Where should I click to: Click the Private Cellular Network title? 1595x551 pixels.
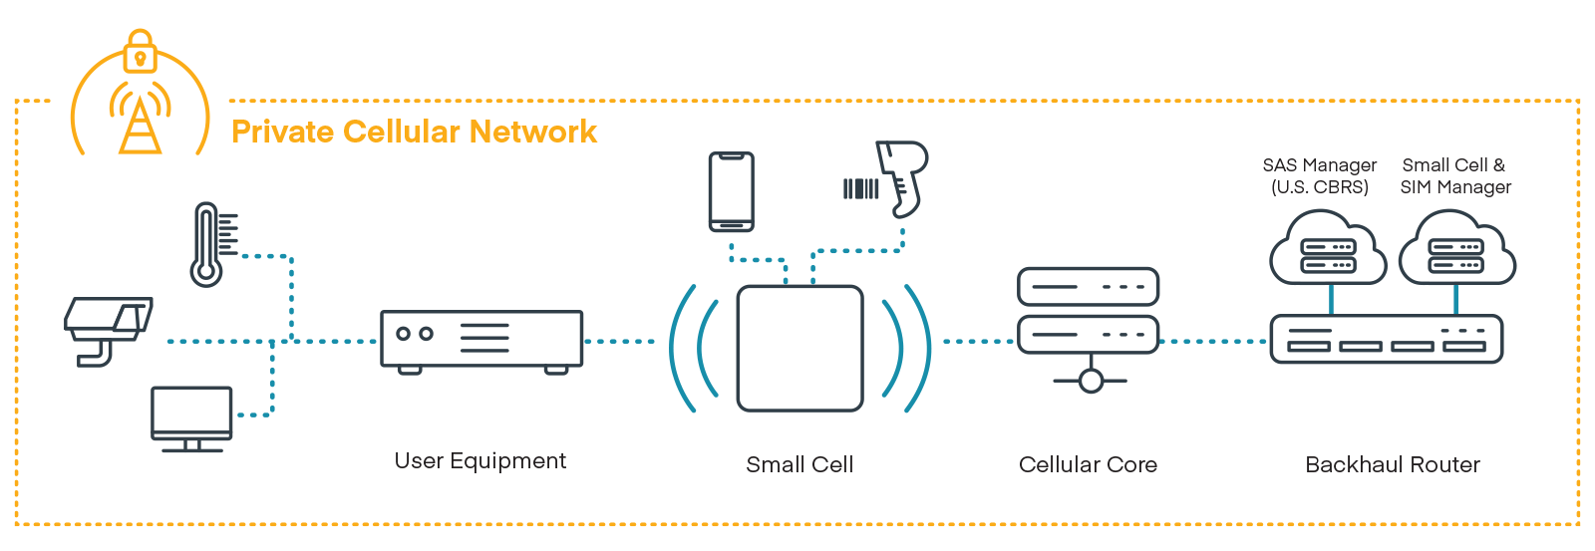414,132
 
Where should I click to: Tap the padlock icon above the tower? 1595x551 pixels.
141,53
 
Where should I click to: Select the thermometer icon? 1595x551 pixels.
207,245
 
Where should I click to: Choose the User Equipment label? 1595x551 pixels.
479,460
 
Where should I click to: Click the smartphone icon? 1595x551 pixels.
731,191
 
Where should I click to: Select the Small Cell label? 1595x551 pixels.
799,464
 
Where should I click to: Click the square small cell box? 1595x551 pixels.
799,349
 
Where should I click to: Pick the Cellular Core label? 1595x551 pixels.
1088,464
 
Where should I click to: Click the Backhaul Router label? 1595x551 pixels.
1392,464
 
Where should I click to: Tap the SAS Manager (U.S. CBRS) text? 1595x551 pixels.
1319,175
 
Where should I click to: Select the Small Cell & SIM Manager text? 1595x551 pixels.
1455,175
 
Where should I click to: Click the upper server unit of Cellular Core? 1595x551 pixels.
1088,287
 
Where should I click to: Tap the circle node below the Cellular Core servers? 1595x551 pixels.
1091,381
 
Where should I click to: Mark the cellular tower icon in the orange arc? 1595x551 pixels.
140,122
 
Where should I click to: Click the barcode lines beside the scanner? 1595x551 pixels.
860,188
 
